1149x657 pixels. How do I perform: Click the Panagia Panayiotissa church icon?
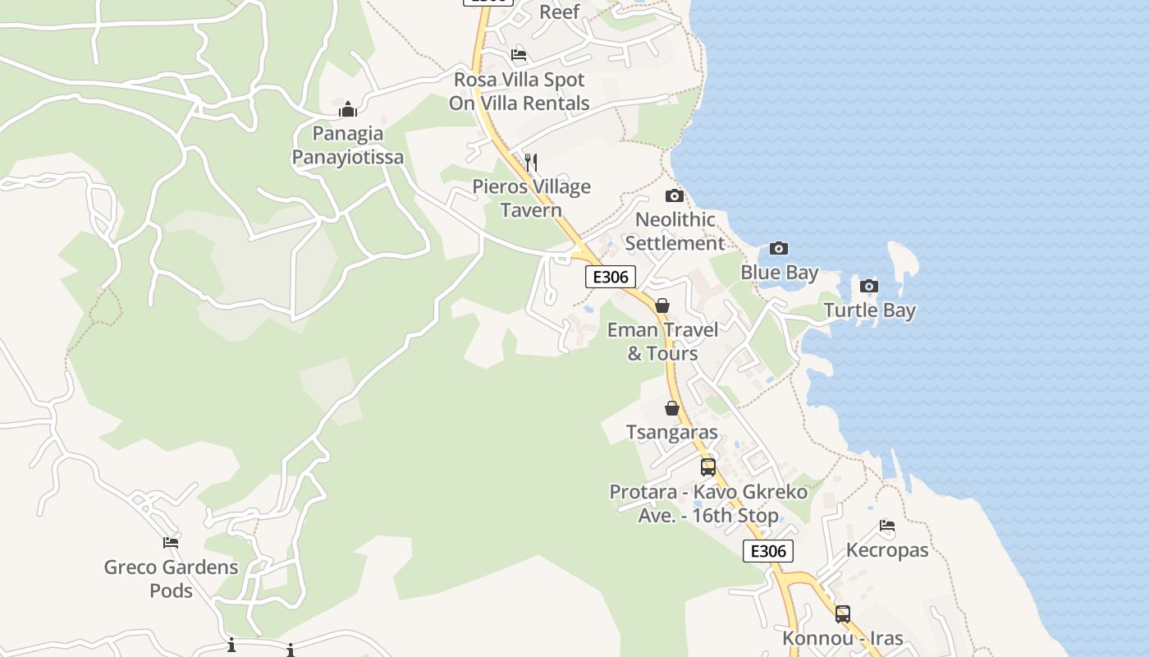[348, 109]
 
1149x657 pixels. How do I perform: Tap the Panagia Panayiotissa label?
[348, 145]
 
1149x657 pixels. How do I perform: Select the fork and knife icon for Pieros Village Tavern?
[531, 163]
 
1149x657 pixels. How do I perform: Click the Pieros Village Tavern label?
[531, 198]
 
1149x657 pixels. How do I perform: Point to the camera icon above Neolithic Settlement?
[675, 195]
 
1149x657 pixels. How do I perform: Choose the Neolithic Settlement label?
[675, 232]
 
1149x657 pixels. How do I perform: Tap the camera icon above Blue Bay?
[779, 248]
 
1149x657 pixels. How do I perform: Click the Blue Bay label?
[779, 273]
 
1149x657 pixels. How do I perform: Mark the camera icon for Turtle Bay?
[869, 286]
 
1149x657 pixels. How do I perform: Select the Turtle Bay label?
[869, 310]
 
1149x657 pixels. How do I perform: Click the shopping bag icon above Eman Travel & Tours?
[662, 306]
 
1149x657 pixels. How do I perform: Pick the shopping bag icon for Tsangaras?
[672, 408]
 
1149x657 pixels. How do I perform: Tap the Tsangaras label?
[672, 432]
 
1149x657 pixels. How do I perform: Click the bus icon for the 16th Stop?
[708, 467]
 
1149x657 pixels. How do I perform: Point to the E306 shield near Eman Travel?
[611, 277]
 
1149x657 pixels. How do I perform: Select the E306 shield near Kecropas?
[768, 551]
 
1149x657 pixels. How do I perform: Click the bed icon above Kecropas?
[887, 526]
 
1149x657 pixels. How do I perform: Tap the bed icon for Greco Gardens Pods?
[171, 543]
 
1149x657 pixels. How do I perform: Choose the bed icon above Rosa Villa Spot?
[519, 55]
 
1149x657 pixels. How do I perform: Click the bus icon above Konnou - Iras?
[843, 613]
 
